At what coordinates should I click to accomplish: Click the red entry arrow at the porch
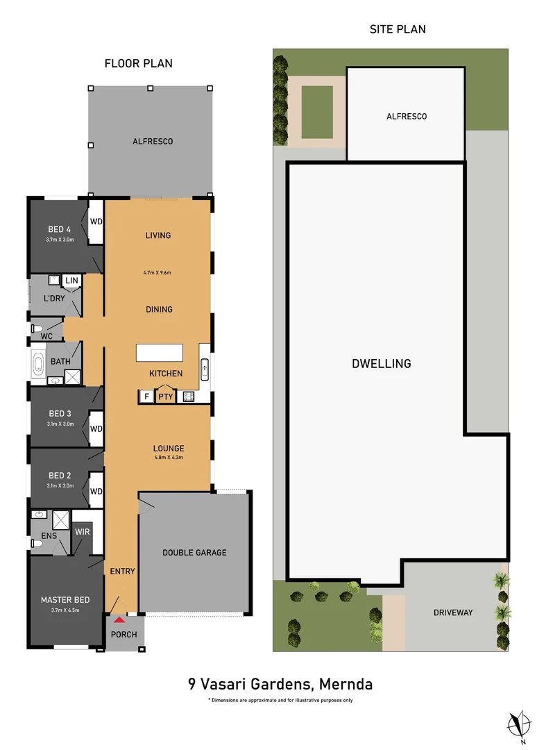119,619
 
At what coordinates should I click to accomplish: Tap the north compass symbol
515,724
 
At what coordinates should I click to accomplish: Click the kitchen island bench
160,353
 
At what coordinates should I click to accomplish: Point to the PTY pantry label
165,397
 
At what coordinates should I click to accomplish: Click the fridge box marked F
146,397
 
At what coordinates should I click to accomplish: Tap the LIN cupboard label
71,281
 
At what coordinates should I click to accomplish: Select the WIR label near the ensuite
81,532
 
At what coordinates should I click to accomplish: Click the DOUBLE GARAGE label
194,553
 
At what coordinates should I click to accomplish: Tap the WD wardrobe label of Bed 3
96,428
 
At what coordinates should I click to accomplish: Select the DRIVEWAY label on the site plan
452,612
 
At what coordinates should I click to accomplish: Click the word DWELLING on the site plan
381,363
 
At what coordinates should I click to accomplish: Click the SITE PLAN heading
398,29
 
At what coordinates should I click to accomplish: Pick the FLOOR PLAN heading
138,63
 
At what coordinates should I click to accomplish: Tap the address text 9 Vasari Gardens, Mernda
280,684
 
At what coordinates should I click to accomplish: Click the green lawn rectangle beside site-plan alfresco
317,112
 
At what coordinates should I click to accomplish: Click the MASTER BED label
65,600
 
